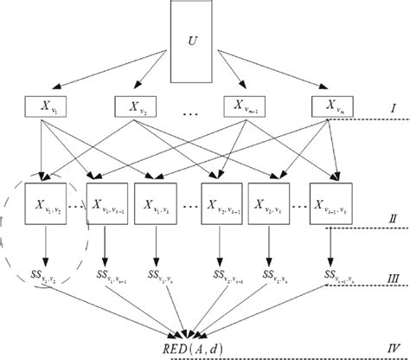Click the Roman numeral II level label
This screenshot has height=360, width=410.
[x=393, y=220]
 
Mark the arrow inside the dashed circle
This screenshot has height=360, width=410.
[x=45, y=247]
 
